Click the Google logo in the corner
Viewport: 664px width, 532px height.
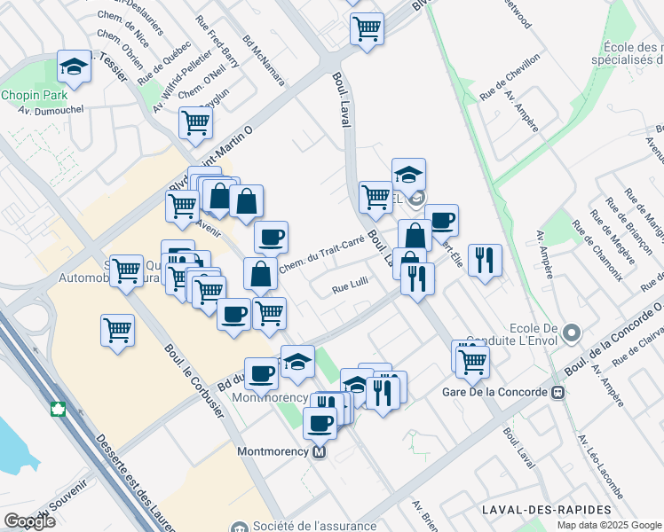[x=29, y=520]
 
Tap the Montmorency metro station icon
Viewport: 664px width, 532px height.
[x=320, y=451]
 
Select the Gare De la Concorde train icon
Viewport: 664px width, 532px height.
[x=558, y=392]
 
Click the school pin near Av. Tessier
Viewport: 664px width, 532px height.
[x=75, y=66]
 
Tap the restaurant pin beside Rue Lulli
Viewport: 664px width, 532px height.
[x=416, y=278]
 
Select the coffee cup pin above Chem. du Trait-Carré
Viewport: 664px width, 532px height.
[x=271, y=237]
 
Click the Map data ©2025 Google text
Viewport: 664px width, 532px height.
[x=609, y=525]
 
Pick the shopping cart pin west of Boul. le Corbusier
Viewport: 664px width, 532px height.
[x=118, y=330]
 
